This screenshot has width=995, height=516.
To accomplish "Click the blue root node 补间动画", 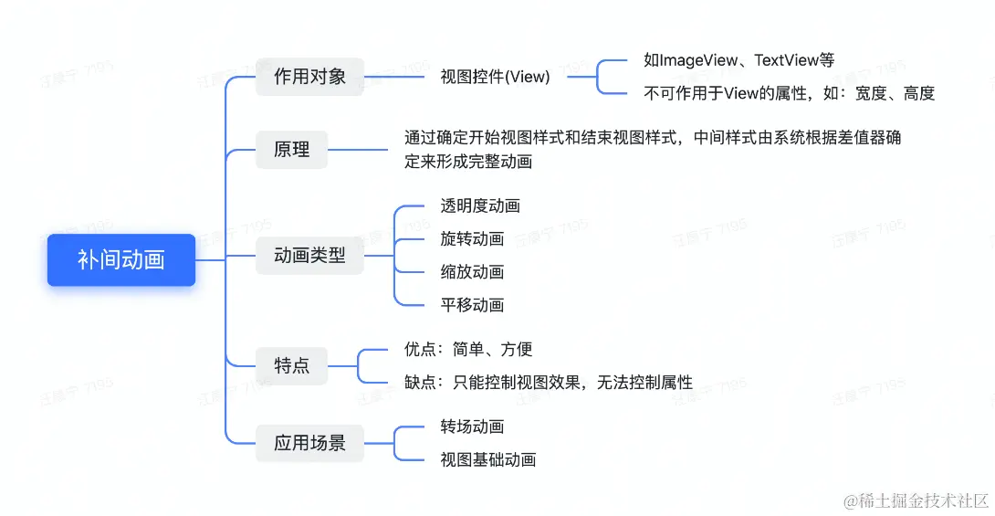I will click(121, 260).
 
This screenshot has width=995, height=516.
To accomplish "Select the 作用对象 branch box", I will click(309, 77).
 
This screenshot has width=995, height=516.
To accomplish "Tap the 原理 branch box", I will click(291, 150).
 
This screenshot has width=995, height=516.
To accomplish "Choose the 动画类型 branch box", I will click(309, 256).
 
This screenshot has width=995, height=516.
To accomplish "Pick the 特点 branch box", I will click(291, 365).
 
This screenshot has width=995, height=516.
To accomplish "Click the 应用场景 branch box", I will click(309, 444).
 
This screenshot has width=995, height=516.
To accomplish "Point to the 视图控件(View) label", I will click(495, 77).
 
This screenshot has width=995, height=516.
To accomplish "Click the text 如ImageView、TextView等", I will click(738, 60).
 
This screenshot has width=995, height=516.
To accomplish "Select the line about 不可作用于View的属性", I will click(789, 93).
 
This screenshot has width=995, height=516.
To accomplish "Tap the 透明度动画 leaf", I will click(480, 206).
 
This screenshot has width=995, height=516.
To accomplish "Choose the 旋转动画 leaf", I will click(472, 239).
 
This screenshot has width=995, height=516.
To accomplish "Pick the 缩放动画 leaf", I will click(472, 272).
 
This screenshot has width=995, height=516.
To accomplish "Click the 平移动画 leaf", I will click(472, 305).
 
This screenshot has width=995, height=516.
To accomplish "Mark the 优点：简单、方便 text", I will click(468, 349).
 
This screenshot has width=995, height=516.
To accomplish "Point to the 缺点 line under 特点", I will click(548, 383).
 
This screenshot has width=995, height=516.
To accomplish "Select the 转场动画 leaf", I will click(472, 427).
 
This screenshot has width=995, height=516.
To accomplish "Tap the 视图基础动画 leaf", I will click(487, 460).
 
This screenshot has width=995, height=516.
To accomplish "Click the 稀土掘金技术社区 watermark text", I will click(916, 500).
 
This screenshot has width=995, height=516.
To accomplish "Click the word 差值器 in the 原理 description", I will click(861, 139).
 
